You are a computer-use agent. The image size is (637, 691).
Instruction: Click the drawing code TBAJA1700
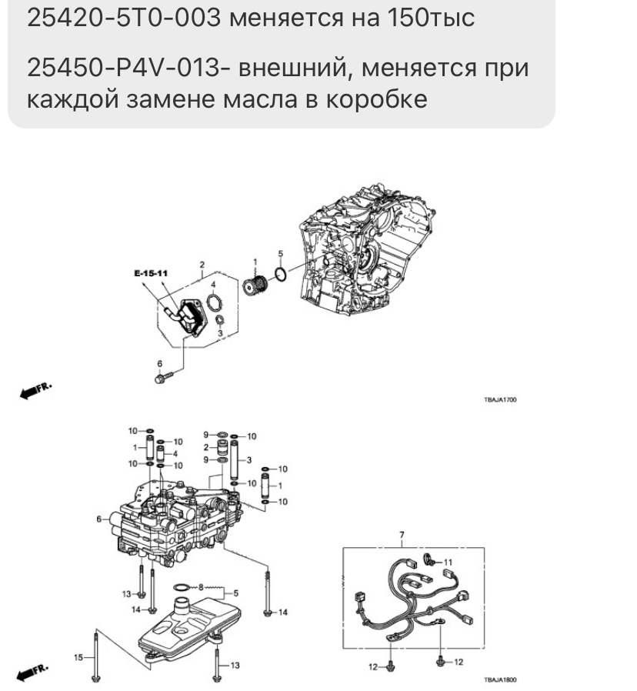[499, 399]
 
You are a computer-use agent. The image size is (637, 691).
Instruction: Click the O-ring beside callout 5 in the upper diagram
[282, 275]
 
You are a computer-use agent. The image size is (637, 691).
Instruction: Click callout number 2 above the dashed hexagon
[202, 263]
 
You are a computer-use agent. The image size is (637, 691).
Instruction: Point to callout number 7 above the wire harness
[401, 534]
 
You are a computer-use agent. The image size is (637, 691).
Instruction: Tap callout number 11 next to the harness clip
[449, 562]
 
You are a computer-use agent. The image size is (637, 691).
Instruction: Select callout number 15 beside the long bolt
[77, 656]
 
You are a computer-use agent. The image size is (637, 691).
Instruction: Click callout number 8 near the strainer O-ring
[201, 587]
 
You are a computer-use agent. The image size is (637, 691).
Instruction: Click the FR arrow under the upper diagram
[35, 391]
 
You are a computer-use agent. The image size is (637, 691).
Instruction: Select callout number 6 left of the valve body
[98, 519]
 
